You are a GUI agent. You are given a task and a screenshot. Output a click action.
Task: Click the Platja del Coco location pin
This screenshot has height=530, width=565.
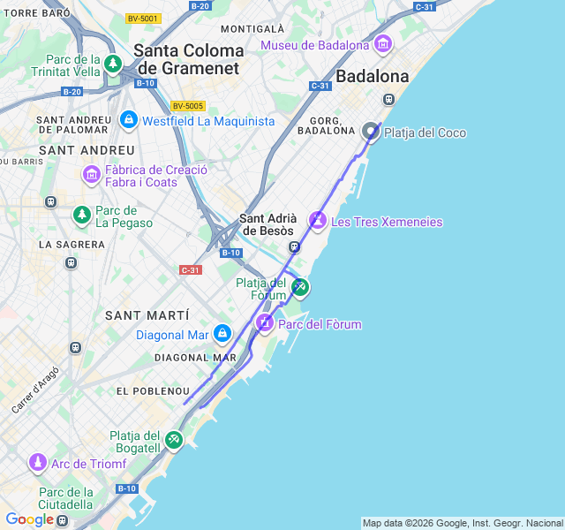[371, 132]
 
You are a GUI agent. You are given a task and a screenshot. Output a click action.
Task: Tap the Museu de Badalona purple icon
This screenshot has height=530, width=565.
[383, 43]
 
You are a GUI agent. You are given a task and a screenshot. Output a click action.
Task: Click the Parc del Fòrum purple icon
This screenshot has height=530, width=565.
[265, 323]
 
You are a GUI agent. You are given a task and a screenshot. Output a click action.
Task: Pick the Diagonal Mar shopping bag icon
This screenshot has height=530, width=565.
[222, 334]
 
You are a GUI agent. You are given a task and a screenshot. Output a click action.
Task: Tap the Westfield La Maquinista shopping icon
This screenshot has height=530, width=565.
[129, 118]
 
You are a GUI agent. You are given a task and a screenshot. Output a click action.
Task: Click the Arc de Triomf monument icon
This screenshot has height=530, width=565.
[38, 462]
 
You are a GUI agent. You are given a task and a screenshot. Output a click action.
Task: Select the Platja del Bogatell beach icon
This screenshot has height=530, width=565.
[174, 439]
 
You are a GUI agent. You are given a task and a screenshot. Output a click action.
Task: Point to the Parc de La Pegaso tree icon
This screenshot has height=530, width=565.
[81, 214]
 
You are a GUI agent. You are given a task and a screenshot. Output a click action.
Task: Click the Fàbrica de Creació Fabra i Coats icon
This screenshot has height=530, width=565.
[92, 174]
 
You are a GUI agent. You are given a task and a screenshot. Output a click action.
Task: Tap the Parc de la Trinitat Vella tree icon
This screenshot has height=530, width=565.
[112, 64]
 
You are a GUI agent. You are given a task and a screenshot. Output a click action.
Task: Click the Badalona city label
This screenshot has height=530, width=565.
[373, 76]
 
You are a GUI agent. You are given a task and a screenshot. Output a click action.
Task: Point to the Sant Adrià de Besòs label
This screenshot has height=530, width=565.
[267, 224]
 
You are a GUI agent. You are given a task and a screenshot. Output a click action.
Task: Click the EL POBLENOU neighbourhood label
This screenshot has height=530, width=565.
[153, 390]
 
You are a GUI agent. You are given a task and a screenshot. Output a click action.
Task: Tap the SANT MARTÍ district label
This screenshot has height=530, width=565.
[147, 315]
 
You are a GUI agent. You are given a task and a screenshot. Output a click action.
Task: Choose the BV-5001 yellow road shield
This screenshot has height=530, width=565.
[143, 18]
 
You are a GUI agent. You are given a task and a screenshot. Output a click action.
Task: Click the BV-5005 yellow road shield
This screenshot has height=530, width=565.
[188, 105]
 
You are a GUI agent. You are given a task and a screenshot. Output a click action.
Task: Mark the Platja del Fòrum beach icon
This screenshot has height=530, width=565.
[300, 286]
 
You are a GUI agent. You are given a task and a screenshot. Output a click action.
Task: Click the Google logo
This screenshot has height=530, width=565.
[30, 519]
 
